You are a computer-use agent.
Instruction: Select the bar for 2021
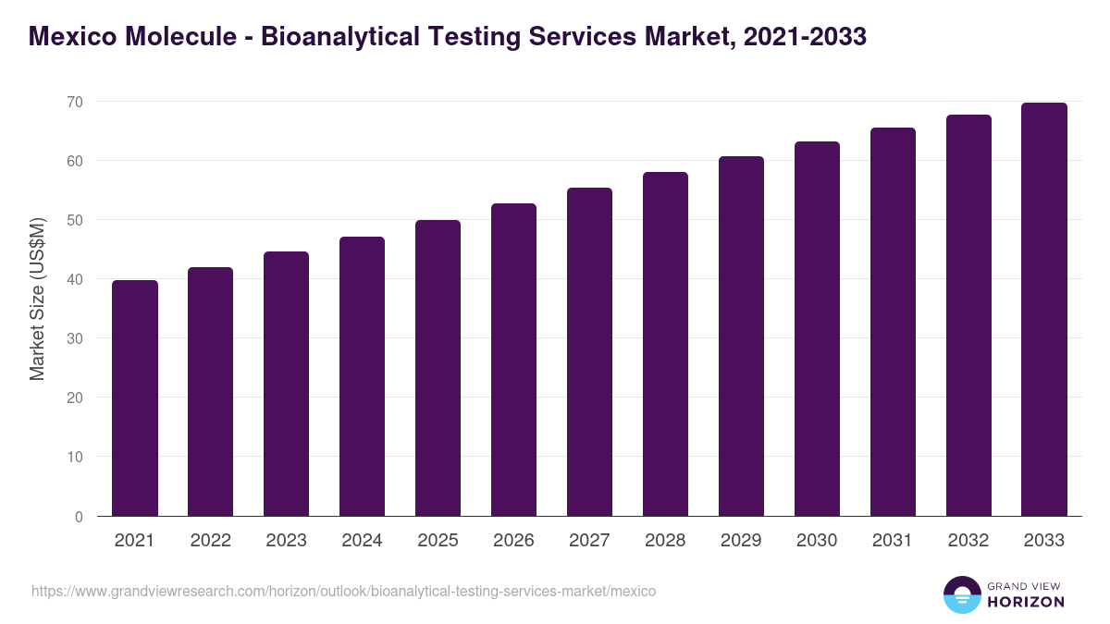(x=135, y=398)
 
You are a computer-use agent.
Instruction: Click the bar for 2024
(x=362, y=376)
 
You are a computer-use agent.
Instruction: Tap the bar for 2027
(x=589, y=351)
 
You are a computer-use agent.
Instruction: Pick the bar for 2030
(x=817, y=328)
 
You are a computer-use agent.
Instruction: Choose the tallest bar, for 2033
(x=1044, y=309)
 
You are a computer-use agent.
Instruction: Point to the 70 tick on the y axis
(x=74, y=102)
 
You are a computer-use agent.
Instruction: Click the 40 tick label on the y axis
(x=74, y=279)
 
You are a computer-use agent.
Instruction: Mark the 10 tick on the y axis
(x=74, y=457)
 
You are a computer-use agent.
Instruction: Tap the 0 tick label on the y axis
(x=79, y=517)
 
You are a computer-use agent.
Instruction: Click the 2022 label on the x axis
(x=211, y=541)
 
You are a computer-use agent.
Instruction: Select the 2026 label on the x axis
(x=513, y=541)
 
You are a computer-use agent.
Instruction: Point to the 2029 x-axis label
(x=741, y=541)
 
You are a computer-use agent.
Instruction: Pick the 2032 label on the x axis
(x=968, y=541)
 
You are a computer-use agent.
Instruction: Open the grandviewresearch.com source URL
(x=343, y=591)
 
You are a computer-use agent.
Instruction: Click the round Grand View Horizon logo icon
(x=961, y=595)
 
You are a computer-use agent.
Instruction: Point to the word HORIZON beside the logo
(x=1026, y=602)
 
